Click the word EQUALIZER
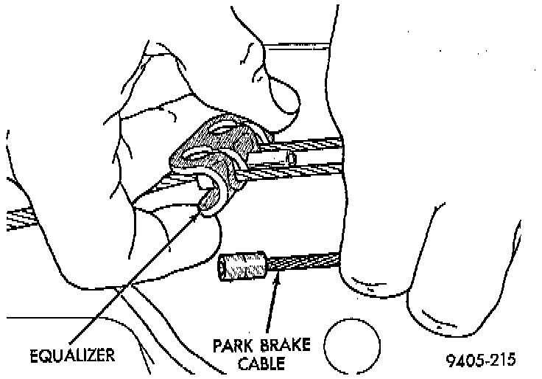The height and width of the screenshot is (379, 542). [72, 355]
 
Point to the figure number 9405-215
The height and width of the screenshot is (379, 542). [480, 361]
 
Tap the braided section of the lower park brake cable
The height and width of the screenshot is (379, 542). [305, 262]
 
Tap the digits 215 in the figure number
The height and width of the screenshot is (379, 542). [501, 361]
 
